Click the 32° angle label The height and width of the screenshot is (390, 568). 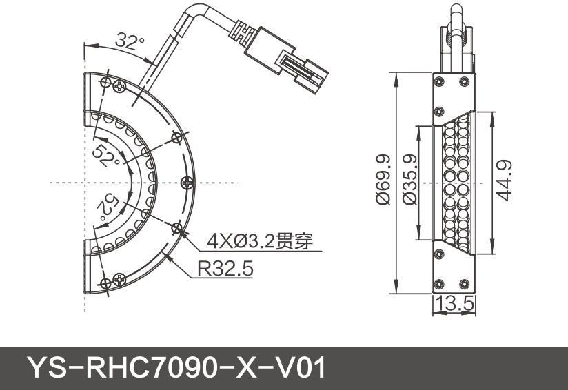[x=130, y=41]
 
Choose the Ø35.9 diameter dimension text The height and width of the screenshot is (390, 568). [x=407, y=181]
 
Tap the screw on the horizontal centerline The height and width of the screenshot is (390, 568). [x=187, y=183]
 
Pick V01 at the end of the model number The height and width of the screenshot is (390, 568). [x=301, y=368]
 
